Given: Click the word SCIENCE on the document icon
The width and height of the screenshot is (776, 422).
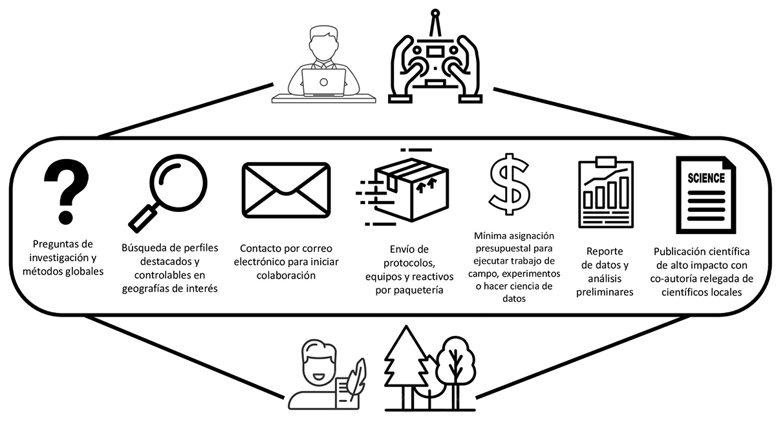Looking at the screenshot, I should pos(706,178).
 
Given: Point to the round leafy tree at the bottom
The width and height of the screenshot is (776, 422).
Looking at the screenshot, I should pos(457,362).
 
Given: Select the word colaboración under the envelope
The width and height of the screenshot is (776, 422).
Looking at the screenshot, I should pos(285,275).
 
